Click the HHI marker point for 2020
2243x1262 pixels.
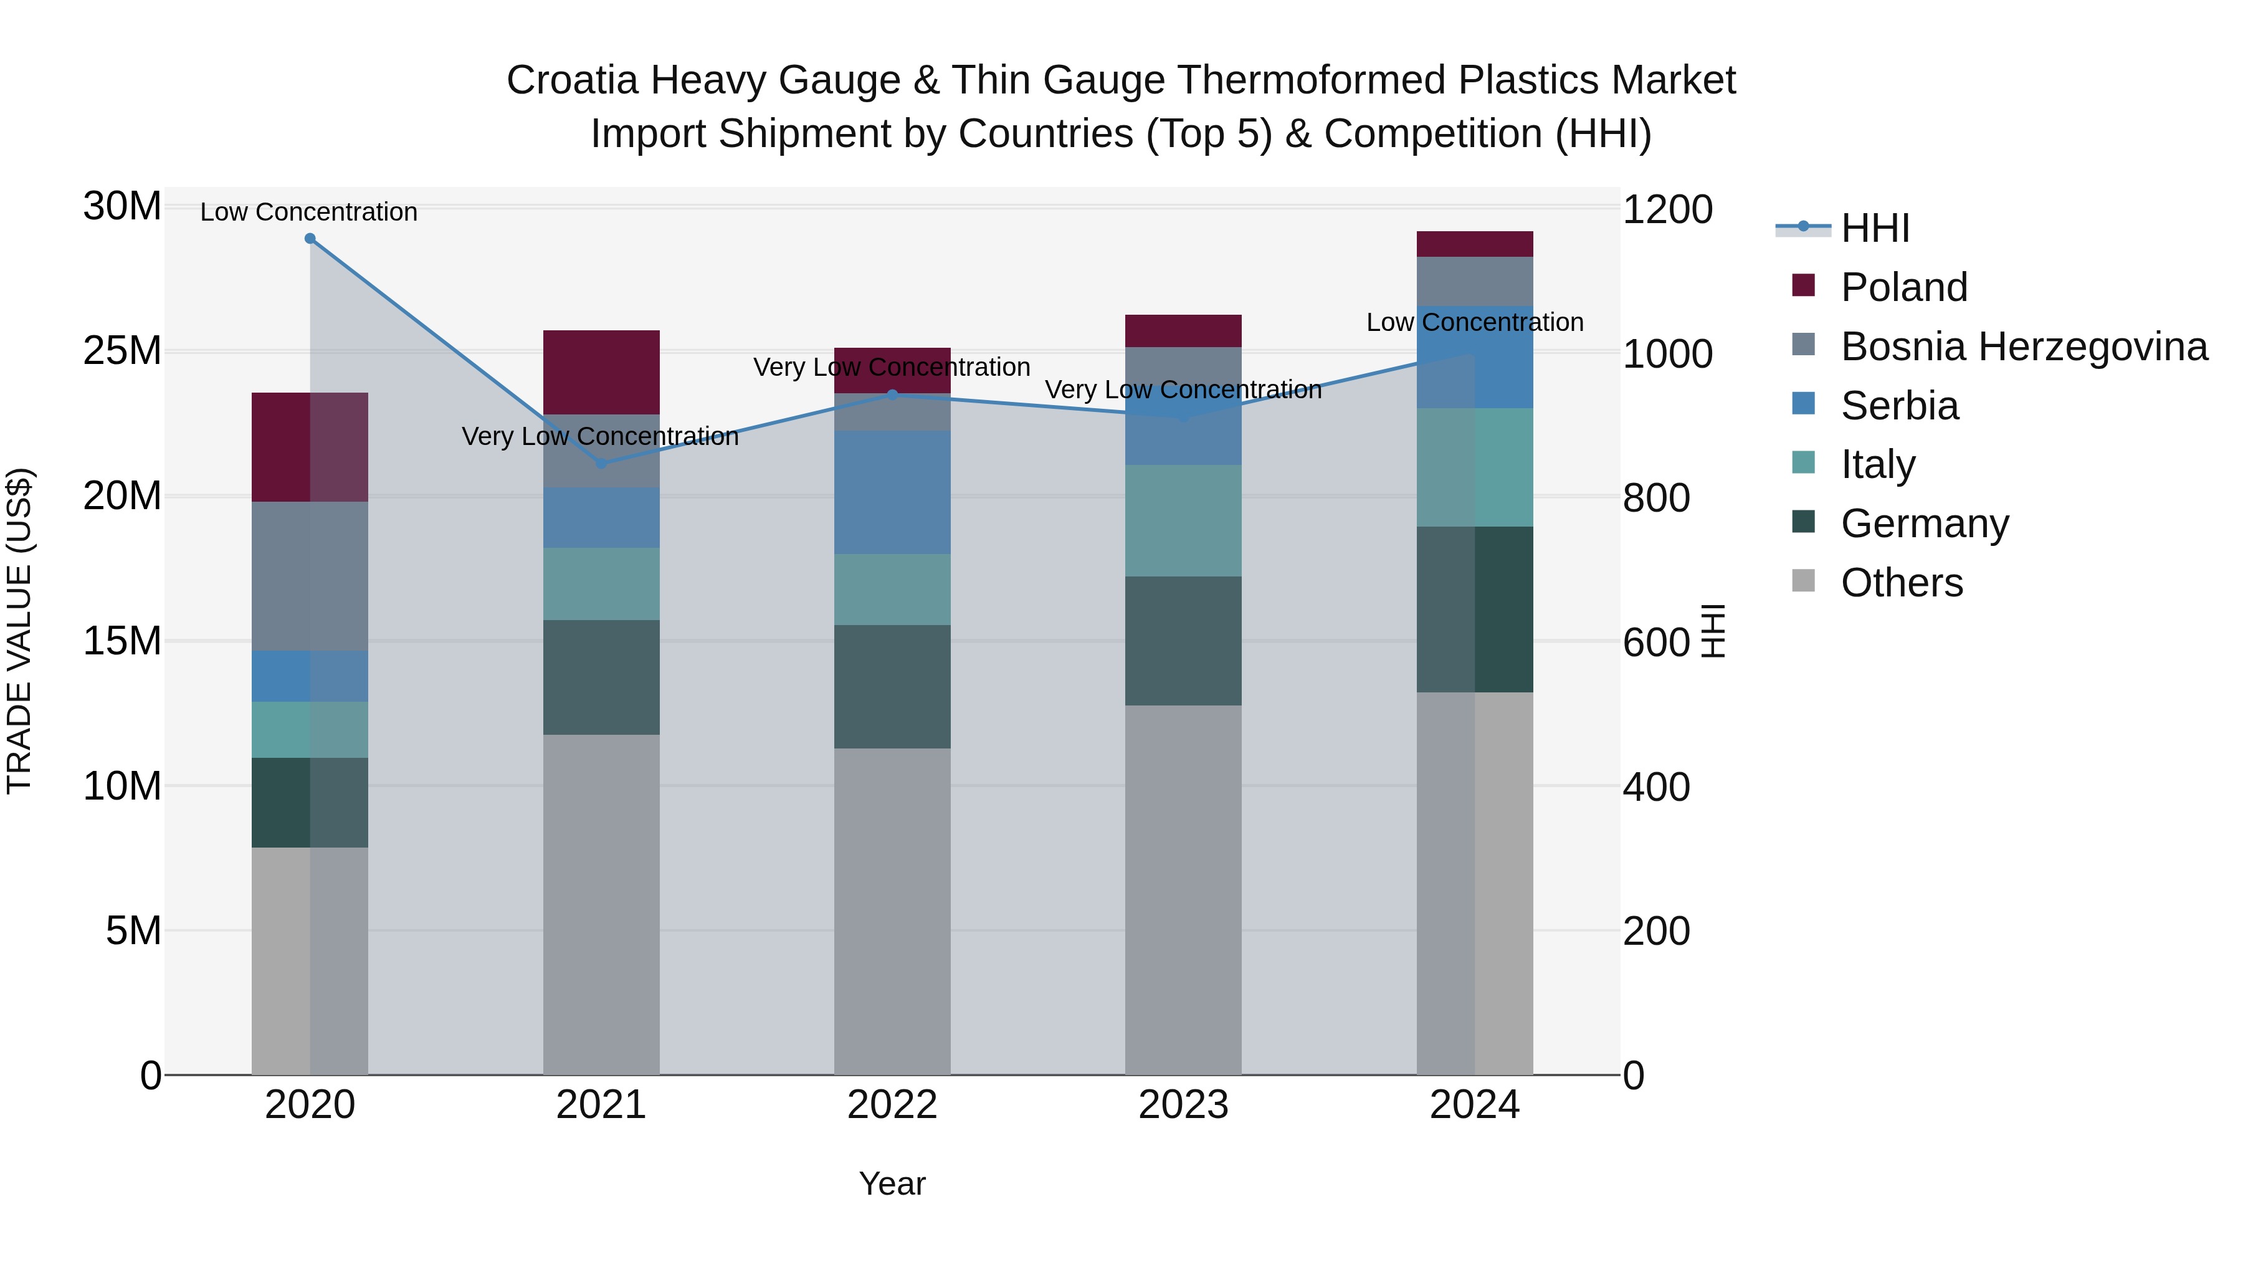(310, 239)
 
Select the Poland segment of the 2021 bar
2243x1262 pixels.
(601, 372)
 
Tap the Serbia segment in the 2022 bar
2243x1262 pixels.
(892, 492)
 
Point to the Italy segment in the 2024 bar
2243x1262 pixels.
(1474, 467)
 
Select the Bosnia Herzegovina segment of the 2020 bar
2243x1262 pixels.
(310, 576)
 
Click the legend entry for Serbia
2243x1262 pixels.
(1899, 406)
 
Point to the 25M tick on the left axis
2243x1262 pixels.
(122, 351)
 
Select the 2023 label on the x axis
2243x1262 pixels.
(1183, 1105)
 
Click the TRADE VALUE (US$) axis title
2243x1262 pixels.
(19, 631)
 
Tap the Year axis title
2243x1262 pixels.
(892, 1183)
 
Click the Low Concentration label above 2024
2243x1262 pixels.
(1474, 322)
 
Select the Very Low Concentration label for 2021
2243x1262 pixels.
(600, 436)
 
